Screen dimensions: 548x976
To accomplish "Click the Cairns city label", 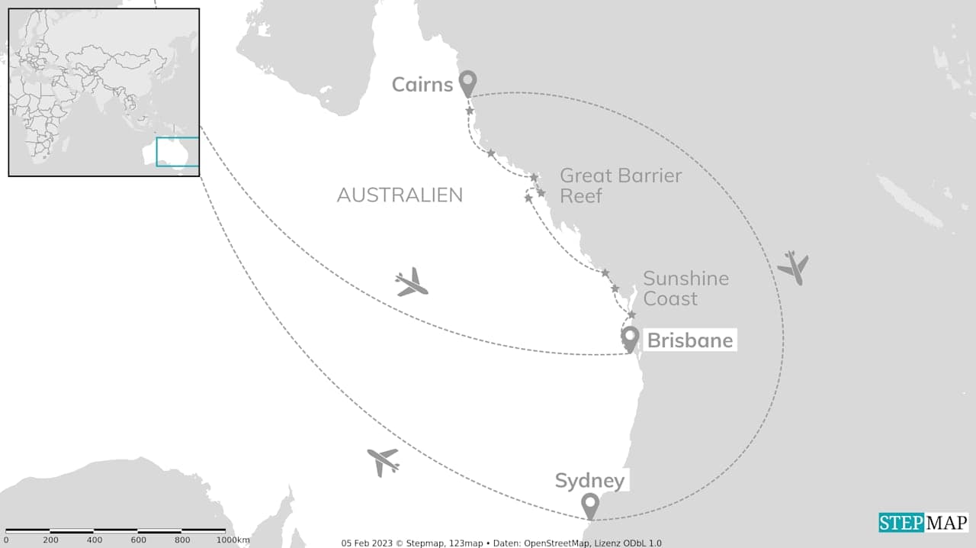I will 422,84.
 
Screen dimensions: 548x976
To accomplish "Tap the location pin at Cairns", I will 467,83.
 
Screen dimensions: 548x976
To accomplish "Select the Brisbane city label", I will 689,340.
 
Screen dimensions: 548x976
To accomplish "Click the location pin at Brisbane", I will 630,338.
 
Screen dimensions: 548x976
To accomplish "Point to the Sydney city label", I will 589,481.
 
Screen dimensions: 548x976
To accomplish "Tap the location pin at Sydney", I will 589,505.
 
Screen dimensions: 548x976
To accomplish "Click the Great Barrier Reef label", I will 621,185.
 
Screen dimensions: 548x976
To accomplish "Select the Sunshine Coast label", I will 685,289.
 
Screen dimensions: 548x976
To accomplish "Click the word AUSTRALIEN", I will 400,195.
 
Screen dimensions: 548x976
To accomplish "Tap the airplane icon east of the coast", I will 793,267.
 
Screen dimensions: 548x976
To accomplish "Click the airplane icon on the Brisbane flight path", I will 412,283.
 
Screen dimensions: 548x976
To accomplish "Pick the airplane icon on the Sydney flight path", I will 383,461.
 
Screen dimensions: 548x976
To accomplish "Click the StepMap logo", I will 923,523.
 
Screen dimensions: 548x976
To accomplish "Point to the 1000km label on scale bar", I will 232,540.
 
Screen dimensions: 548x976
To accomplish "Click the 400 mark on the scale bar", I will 94,540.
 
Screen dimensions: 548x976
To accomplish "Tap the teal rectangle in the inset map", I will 178,151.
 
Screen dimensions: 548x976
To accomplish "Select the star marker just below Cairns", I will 470,111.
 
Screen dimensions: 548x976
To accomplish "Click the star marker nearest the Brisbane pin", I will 631,314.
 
